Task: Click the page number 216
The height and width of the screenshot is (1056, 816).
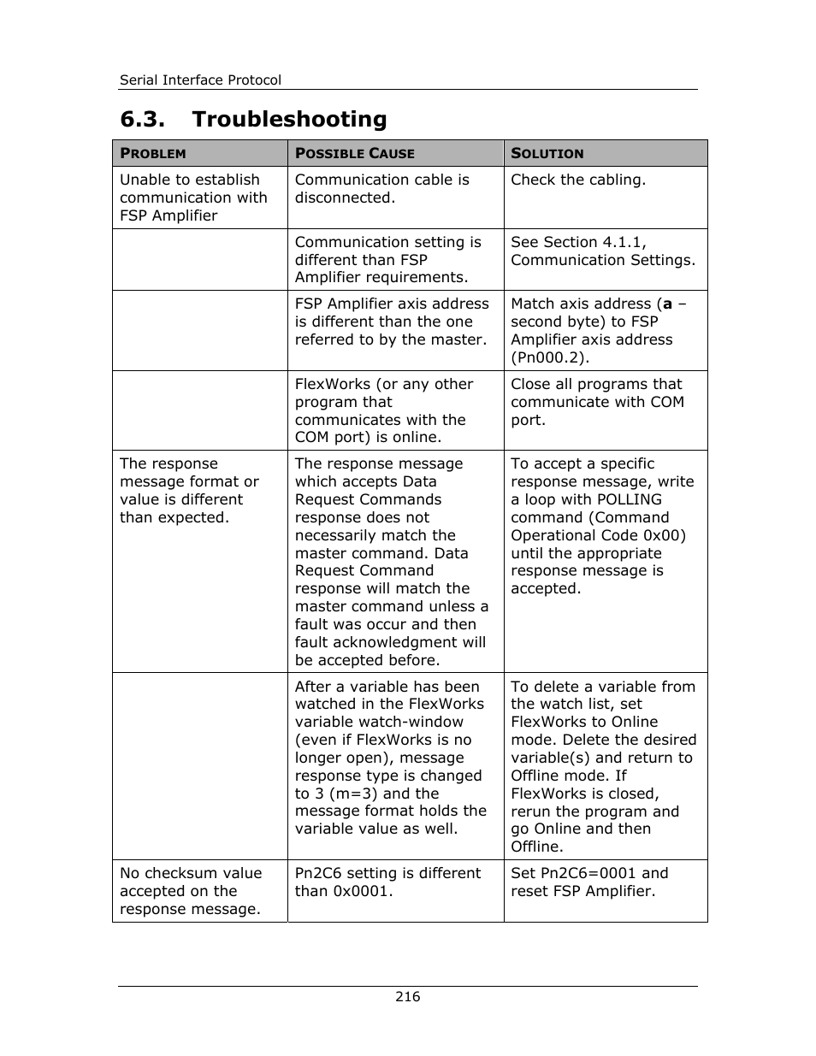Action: (x=408, y=997)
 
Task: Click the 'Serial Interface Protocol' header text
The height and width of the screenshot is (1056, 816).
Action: (x=200, y=80)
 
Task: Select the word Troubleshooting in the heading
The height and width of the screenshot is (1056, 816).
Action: (x=289, y=119)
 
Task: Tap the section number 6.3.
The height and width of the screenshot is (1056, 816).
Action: (x=142, y=119)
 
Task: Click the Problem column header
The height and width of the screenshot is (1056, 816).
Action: (x=153, y=154)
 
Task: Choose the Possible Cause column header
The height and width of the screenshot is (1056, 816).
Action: (x=355, y=154)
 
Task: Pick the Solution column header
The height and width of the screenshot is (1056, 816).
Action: (x=547, y=154)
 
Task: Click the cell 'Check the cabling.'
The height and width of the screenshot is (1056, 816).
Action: (x=578, y=180)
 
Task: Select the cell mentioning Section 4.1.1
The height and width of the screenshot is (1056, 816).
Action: (x=603, y=251)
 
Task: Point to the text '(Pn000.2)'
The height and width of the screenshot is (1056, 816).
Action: (x=550, y=357)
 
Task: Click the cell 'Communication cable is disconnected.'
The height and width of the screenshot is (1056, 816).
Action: (x=382, y=189)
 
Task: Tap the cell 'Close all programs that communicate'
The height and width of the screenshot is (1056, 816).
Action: (x=597, y=402)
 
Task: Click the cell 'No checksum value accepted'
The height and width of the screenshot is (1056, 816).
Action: (x=191, y=891)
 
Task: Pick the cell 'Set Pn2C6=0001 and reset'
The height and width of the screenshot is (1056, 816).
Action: (x=589, y=882)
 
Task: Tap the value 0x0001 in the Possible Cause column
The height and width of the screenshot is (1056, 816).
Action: (x=362, y=892)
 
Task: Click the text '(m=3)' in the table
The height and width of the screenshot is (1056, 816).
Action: (x=353, y=793)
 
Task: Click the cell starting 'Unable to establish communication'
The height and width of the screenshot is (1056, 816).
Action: (x=193, y=198)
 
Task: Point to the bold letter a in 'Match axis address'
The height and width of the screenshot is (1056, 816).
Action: (x=667, y=304)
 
